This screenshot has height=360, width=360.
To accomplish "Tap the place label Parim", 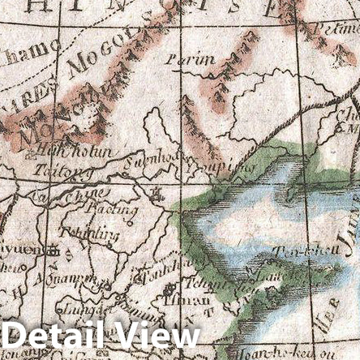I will [191, 59].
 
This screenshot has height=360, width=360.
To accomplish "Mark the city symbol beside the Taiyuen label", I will [54, 251].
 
